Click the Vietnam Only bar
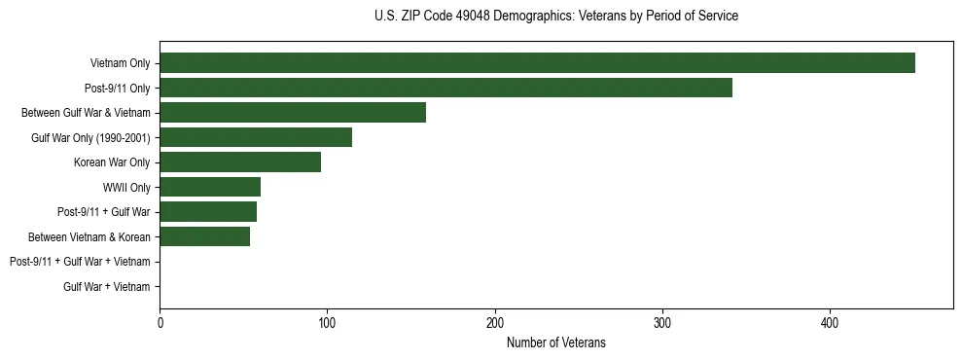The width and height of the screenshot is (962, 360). pos(537,63)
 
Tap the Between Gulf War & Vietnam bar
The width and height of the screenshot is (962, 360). pos(293,113)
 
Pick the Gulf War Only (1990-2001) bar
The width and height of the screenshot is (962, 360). pos(256,137)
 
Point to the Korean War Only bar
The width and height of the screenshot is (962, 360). pos(240,162)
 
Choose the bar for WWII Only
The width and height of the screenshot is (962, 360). pos(210,187)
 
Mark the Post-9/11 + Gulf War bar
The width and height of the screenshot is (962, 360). pos(208,212)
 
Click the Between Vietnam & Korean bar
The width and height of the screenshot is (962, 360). pos(204,236)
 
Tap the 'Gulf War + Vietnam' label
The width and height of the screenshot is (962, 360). pos(107,286)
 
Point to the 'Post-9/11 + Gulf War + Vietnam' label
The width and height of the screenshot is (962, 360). pos(80,262)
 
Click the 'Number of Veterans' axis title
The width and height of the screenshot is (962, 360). pos(555,342)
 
